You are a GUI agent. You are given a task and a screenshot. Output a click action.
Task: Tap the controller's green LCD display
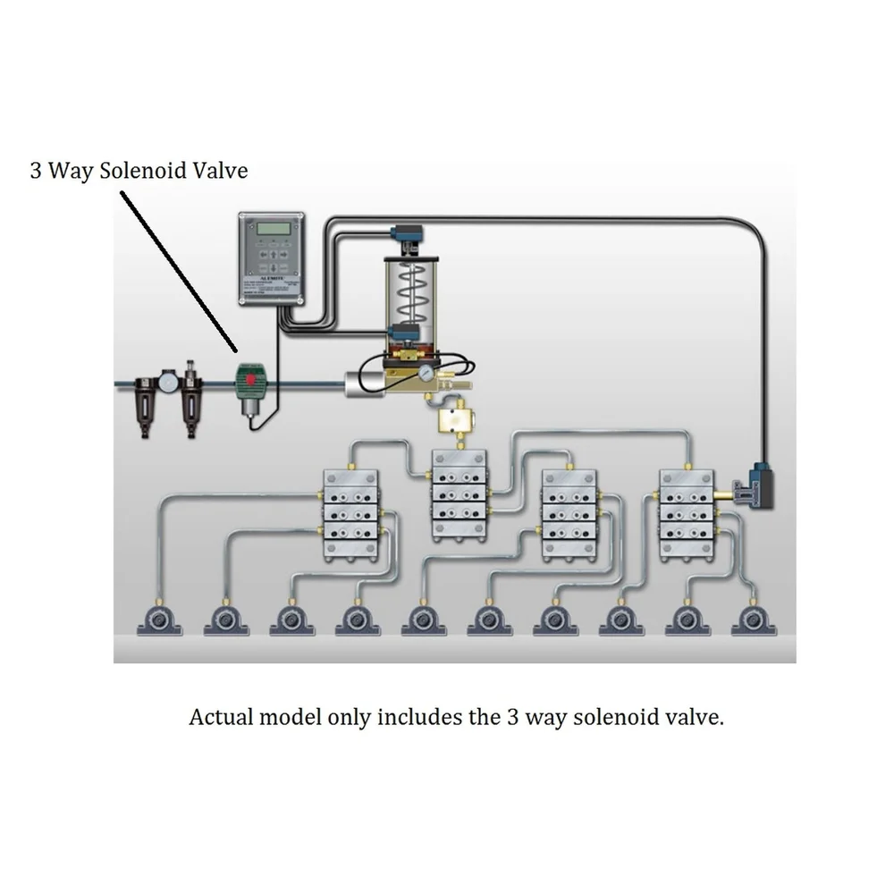pyautogui.click(x=272, y=230)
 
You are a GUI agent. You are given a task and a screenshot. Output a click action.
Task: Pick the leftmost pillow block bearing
pyautogui.click(x=159, y=620)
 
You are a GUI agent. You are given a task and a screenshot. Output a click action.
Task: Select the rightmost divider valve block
pyautogui.click(x=687, y=511)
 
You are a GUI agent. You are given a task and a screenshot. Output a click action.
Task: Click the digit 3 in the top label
pyautogui.click(x=36, y=170)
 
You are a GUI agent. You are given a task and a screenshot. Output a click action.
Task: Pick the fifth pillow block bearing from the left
pyautogui.click(x=424, y=620)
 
